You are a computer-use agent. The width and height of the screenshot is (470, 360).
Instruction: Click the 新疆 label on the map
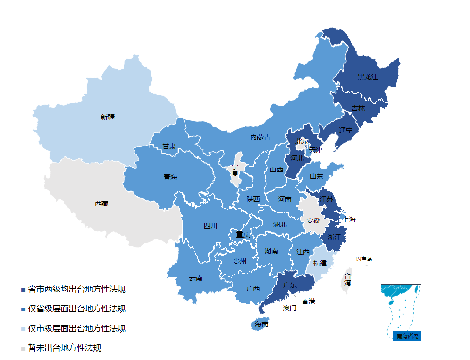coord(108,117)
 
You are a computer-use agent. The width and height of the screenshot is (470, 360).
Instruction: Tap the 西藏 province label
coord(101,204)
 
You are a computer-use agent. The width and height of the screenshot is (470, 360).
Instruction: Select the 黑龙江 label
coord(368,77)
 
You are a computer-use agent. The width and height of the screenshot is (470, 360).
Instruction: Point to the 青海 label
coord(170,177)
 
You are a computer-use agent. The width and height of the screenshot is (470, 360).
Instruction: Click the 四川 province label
coord(210,226)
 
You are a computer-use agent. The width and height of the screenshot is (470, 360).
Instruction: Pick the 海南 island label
coord(261,324)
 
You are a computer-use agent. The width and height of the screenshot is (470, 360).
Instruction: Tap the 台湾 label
coord(348,279)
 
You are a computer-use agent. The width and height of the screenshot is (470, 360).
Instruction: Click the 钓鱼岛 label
coord(363,259)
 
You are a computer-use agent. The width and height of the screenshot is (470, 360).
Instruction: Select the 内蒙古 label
coord(260,137)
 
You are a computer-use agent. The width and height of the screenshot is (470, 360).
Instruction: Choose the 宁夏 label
coord(235,170)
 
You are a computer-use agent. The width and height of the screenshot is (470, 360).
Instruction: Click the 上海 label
coord(349,219)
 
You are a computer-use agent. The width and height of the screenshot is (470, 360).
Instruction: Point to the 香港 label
coord(308,301)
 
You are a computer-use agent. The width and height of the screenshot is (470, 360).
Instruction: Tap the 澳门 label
coord(290,308)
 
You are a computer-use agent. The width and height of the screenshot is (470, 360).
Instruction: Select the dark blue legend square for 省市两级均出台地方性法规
coord(23,290)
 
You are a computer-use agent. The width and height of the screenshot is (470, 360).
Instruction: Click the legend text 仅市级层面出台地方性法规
coord(77,328)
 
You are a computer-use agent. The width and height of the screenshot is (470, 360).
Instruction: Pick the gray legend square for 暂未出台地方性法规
coord(23,348)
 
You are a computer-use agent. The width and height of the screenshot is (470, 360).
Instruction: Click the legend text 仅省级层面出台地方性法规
coord(77,309)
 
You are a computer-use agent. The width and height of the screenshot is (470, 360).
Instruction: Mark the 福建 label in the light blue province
coord(320,263)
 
